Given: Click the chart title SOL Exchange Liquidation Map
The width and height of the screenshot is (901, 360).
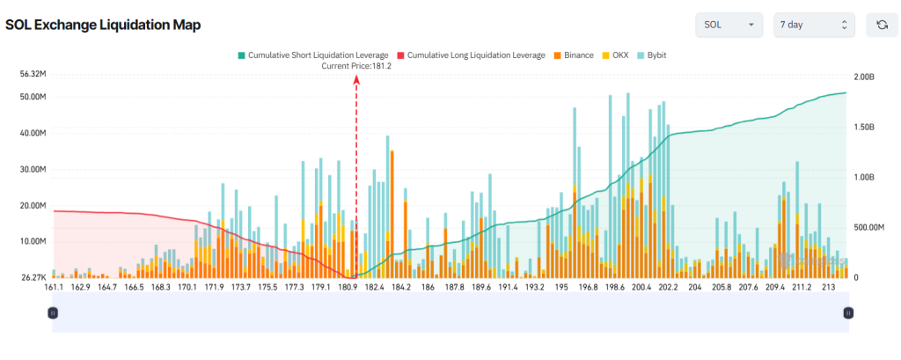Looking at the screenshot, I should tap(103, 25).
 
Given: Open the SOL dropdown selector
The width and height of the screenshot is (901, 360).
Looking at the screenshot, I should tap(729, 25).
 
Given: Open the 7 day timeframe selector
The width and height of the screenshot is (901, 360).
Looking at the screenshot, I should tap(813, 25).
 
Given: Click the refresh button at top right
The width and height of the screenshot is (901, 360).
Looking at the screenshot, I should tap(882, 25).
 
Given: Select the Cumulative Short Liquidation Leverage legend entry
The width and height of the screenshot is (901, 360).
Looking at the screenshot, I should tap(312, 55).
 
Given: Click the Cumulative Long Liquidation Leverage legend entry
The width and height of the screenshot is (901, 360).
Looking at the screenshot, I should tap(472, 55).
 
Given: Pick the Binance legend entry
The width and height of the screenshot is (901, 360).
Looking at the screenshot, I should tap(573, 55).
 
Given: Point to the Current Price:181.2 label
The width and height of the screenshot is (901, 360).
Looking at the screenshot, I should tap(356, 66).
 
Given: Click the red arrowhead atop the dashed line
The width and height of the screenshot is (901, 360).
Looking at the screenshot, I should tap(356, 79).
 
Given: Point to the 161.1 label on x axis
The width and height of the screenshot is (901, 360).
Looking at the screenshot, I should tap(54, 287).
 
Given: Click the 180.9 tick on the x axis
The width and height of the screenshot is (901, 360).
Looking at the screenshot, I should tap(348, 287).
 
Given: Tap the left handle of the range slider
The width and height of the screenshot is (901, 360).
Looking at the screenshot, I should tap(53, 312).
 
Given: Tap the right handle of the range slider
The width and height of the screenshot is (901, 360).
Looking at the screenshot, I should tap(848, 312).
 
